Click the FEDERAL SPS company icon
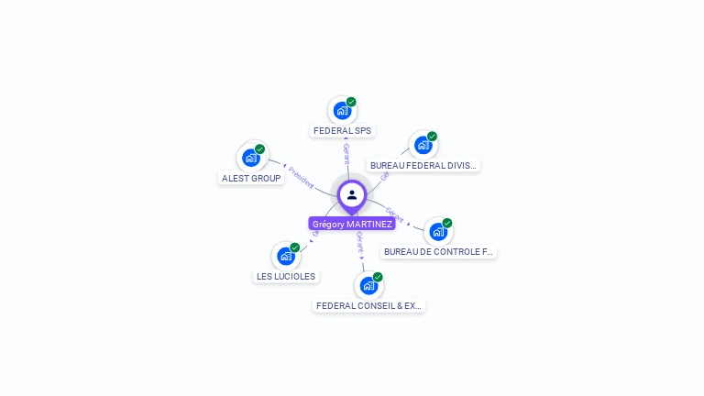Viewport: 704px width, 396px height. (342, 111)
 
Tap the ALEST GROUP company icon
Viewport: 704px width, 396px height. (251, 158)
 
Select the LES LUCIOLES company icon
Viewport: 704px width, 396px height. (286, 257)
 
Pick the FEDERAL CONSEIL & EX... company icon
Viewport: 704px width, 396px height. (368, 286)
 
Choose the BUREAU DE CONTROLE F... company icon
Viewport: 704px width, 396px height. (438, 232)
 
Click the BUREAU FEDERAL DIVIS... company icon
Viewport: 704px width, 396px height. (423, 145)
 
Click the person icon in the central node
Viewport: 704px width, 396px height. (352, 194)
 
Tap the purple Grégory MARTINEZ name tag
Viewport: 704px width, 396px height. (352, 224)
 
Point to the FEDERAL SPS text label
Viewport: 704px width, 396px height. (343, 131)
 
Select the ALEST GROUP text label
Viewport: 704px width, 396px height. (251, 178)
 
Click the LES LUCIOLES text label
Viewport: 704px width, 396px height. (286, 276)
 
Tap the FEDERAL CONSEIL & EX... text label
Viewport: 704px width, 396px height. (368, 305)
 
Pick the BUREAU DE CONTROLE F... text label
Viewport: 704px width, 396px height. (438, 251)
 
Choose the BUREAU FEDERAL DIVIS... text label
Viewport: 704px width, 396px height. (423, 166)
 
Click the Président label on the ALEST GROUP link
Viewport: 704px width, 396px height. (301, 176)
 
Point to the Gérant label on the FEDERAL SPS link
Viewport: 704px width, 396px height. (346, 153)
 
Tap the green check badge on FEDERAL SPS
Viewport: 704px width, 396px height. (351, 102)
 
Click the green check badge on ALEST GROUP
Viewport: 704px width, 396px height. (259, 148)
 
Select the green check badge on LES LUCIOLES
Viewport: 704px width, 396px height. (295, 247)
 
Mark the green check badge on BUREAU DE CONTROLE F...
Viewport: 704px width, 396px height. (447, 223)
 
